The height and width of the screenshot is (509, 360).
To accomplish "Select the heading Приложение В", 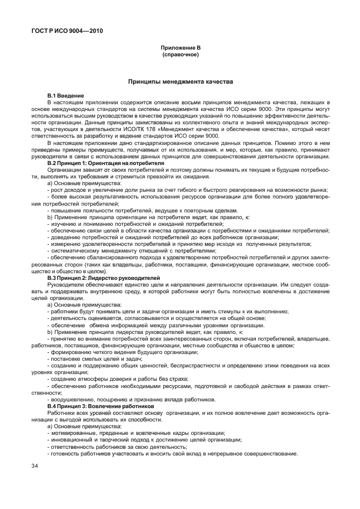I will pos(180,49).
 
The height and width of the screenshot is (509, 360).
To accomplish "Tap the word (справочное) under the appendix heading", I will pos(180,56).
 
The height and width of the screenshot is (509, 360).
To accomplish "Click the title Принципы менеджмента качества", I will pos(180,81).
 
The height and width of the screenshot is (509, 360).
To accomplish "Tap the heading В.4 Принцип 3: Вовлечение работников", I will pos(100,406).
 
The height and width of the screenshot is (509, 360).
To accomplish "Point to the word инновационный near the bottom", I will pos(70,440).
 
